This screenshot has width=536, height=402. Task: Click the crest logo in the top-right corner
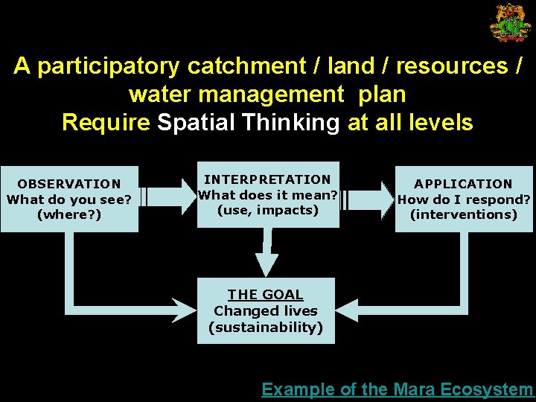pos(510,22)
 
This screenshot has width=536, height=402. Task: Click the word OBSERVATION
pos(69,184)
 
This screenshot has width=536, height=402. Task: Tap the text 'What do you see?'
pos(69,200)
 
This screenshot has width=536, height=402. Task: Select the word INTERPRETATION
pos(267,179)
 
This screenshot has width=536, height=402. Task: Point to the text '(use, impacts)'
pos(267,210)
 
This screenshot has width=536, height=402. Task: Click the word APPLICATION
pos(463,184)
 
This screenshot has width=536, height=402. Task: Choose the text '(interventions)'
pos(463,214)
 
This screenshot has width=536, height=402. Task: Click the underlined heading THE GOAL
pos(266,295)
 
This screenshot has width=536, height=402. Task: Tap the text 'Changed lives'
pos(266,311)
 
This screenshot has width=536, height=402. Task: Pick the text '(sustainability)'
pos(266,328)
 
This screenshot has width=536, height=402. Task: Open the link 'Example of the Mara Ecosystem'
pos(397,389)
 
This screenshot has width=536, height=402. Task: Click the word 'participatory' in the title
pos(109,67)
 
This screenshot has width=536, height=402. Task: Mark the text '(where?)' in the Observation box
pos(69,215)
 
